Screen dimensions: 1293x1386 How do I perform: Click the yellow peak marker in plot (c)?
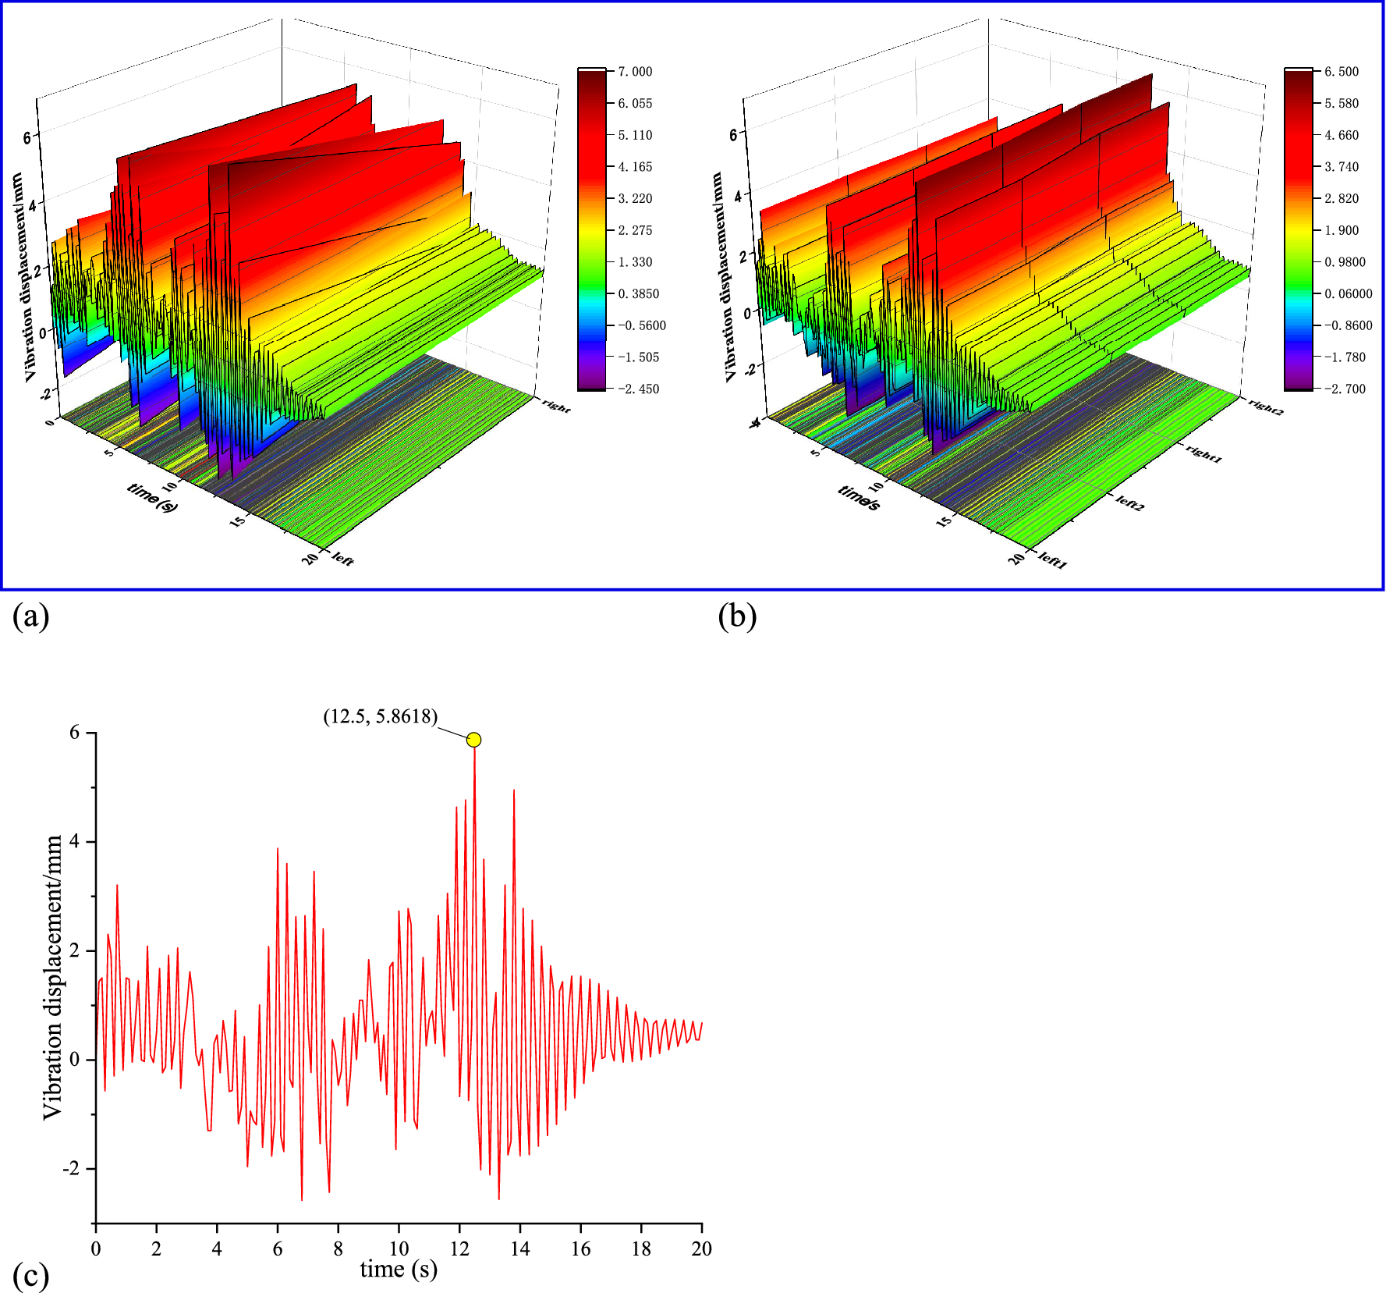coord(473,740)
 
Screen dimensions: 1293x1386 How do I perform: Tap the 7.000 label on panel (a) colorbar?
coord(635,72)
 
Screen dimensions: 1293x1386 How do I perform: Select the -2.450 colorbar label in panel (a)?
coord(638,389)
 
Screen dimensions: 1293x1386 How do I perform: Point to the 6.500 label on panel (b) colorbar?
coord(1341,72)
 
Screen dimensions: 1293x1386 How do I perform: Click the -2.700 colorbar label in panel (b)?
coord(1344,389)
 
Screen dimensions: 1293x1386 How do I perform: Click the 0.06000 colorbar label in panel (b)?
coord(1348,293)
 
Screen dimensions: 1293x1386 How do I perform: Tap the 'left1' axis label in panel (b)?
coord(1052,560)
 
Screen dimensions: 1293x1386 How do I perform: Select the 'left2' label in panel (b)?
coord(1129,503)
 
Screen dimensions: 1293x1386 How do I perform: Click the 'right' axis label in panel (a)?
coord(556,406)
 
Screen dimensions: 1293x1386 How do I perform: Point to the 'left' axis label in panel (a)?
coord(342,559)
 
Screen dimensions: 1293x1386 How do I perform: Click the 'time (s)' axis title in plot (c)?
coord(399,1270)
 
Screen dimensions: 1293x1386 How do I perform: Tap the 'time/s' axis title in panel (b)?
coord(859,498)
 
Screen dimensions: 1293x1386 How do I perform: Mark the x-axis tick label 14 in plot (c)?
coord(519,1249)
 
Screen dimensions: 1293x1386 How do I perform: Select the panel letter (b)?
coord(737,616)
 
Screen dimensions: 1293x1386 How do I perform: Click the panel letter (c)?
coord(30,1276)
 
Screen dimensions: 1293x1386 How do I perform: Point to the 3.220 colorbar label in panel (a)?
coord(635,198)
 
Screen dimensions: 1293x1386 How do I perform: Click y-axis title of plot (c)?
coord(52,978)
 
